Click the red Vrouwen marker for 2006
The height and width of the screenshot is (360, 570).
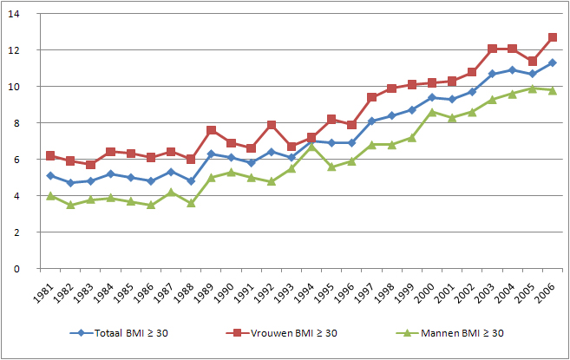pyautogui.click(x=553, y=37)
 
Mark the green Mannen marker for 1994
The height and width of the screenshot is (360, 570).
pyautogui.click(x=311, y=147)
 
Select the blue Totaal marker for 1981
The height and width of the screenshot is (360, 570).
pyautogui.click(x=51, y=176)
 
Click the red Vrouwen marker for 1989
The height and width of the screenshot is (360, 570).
pyautogui.click(x=212, y=130)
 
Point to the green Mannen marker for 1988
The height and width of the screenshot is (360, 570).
pyautogui.click(x=191, y=203)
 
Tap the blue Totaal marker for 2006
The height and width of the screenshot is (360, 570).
pyautogui.click(x=553, y=62)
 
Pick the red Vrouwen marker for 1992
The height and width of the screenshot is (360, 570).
pyautogui.click(x=272, y=125)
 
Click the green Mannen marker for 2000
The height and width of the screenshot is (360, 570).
pyautogui.click(x=432, y=112)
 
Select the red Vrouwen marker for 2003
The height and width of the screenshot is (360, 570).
pyautogui.click(x=493, y=49)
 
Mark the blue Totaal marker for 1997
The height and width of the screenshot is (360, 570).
pyautogui.click(x=372, y=121)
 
